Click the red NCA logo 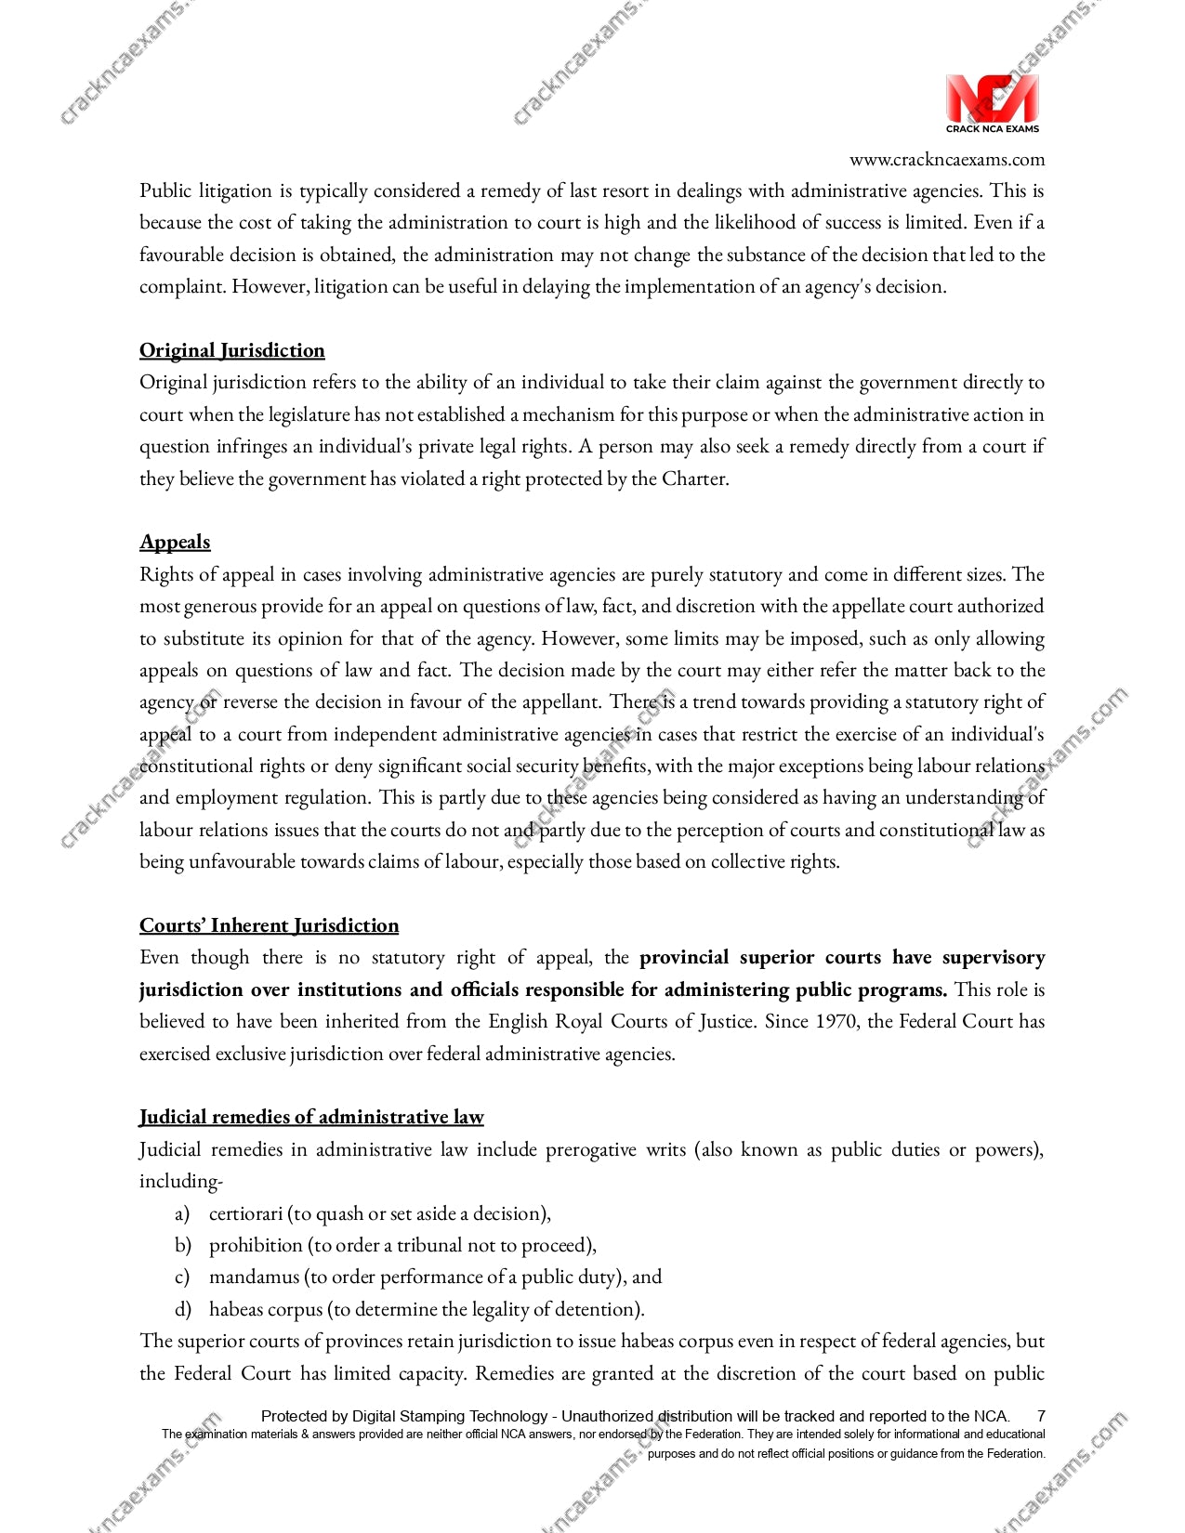tap(992, 98)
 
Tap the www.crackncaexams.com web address tap(946, 159)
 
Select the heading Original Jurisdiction tap(232, 350)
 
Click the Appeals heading tap(175, 542)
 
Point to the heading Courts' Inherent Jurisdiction tap(269, 925)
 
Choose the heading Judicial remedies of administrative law tap(311, 1117)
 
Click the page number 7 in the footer tap(1041, 1416)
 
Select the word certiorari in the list tap(245, 1213)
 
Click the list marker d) tap(182, 1309)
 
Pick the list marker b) tap(182, 1245)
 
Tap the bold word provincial tap(684, 957)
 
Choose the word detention tap(597, 1309)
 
